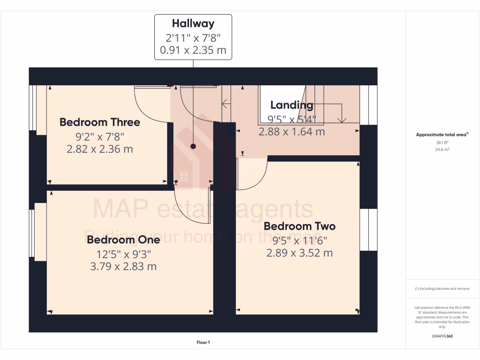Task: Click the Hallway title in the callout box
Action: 193,23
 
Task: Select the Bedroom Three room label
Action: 99,122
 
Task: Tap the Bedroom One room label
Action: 123,240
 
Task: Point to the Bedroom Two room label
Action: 300,226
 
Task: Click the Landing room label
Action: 292,105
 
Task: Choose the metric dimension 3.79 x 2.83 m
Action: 123,267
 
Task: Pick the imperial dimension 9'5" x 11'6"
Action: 300,240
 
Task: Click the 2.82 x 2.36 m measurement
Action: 99,150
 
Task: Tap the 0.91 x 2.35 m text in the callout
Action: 193,50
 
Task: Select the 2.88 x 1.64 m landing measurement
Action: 292,132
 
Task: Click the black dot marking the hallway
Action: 193,146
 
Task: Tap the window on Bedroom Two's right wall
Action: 368,230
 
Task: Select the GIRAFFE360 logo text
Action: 442,336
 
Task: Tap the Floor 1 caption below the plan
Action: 203,343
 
